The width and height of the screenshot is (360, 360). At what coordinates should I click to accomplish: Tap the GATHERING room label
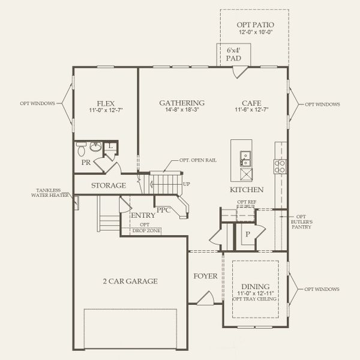181,103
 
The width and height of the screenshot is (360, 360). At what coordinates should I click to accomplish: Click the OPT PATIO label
254,26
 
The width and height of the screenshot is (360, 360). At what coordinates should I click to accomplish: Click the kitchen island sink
245,158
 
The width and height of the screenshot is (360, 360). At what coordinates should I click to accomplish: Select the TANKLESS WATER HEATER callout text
52,194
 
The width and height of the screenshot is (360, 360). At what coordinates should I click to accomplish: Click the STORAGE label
109,185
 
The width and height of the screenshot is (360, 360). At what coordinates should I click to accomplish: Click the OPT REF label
246,202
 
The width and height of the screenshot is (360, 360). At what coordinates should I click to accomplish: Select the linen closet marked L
110,146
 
